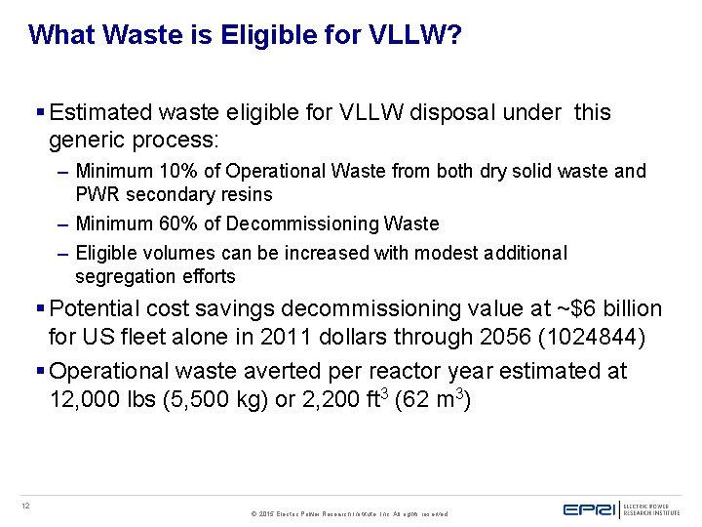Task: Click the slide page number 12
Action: pyautogui.click(x=26, y=505)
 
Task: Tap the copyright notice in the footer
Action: pyautogui.click(x=349, y=512)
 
